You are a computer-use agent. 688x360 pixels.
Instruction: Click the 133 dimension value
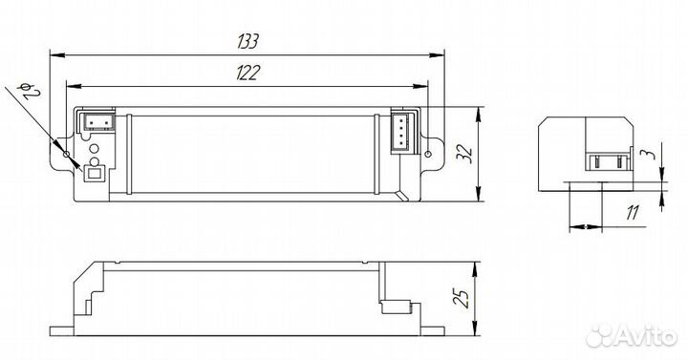(248, 41)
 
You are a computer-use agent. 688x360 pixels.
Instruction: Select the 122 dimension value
(247, 73)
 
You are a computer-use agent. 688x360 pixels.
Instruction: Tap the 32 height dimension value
(467, 154)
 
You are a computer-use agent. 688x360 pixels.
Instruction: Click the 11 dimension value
(633, 213)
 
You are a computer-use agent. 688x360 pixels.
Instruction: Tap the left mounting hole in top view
(66, 154)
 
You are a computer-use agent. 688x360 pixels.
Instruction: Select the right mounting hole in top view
(428, 154)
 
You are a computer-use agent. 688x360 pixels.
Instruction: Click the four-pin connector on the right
(403, 133)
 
